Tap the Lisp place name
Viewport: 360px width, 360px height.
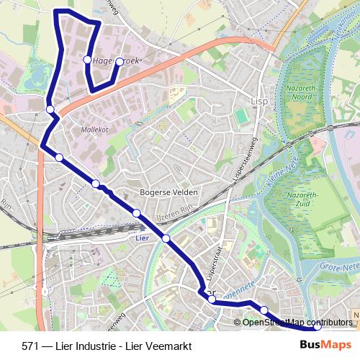259,102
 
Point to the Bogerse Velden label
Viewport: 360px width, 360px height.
168,194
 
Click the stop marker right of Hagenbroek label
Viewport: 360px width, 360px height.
120,61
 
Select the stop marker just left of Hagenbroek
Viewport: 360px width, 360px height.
87,60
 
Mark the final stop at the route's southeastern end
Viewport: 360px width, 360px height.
317,327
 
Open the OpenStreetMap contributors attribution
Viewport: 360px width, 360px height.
297,322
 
